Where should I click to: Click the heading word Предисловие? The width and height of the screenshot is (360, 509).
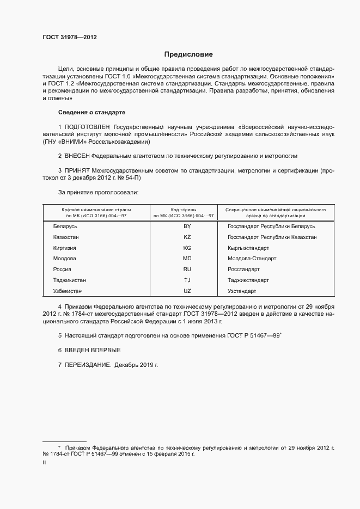click(x=189, y=54)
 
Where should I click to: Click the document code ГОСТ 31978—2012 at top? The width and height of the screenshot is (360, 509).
click(x=70, y=37)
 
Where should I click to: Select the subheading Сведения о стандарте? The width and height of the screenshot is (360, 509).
click(x=91, y=112)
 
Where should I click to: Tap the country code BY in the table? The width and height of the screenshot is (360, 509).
click(x=187, y=226)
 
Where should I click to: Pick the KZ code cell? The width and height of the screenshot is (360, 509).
click(x=187, y=237)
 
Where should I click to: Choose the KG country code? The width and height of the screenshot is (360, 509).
click(x=187, y=248)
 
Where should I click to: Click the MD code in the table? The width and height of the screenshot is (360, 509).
click(x=187, y=259)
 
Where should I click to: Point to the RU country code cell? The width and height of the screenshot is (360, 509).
click(x=187, y=269)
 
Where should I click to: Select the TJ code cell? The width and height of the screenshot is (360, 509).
click(x=187, y=280)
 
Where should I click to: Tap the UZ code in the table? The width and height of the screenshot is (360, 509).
click(x=187, y=291)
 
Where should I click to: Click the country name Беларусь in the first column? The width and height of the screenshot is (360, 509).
click(x=66, y=226)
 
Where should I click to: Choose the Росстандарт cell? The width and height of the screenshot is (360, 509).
click(x=243, y=269)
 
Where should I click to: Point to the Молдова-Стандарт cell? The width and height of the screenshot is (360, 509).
click(x=252, y=259)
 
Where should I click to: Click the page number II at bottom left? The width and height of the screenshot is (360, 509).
click(x=44, y=462)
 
